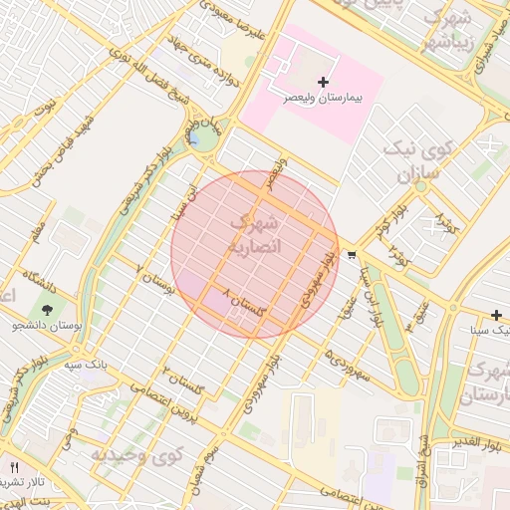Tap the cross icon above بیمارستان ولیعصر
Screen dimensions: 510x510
(x=322, y=81)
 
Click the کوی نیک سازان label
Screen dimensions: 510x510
(x=417, y=163)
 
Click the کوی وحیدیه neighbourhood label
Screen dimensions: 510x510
(x=138, y=456)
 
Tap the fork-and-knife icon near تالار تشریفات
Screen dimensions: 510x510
(x=14, y=466)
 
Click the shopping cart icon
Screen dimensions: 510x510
(x=352, y=255)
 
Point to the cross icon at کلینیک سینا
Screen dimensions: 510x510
(x=496, y=315)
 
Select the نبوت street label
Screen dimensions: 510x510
(x=45, y=111)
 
